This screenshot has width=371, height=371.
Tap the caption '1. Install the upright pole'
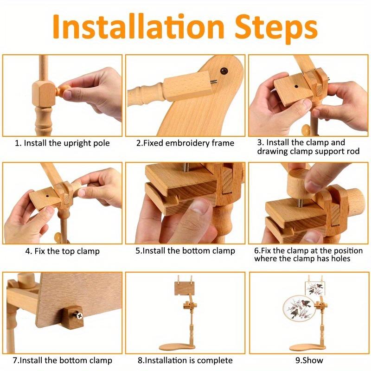click(62, 143)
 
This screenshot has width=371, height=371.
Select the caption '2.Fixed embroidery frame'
click(185, 143)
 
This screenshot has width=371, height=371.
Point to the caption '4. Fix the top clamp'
click(62, 251)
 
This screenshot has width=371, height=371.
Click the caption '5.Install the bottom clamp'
click(185, 251)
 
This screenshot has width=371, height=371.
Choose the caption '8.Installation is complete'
click(185, 360)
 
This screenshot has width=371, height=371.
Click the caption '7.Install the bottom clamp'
click(62, 360)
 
